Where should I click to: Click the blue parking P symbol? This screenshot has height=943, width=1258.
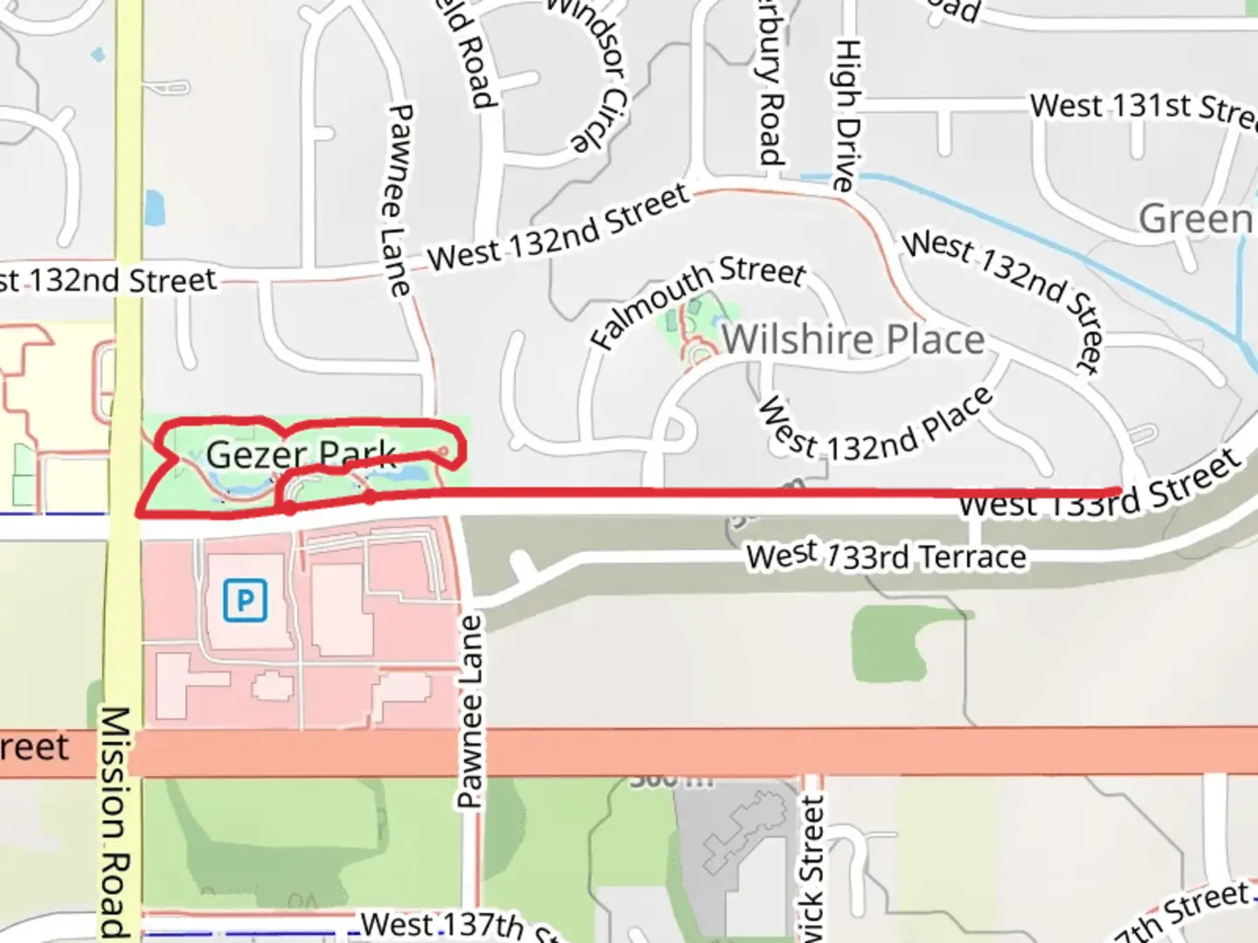(245, 600)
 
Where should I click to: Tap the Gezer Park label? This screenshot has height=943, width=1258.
(301, 454)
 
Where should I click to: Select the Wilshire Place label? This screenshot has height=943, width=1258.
(853, 339)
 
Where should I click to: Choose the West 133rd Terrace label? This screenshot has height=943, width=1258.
(886, 556)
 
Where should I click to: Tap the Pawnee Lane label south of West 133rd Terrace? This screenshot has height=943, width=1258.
(470, 712)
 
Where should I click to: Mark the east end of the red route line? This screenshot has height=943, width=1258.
(1118, 490)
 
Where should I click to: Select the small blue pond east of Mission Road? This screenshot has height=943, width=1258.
(154, 207)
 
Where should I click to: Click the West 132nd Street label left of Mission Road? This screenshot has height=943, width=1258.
(108, 281)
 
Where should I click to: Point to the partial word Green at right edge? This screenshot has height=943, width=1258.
(1195, 218)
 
